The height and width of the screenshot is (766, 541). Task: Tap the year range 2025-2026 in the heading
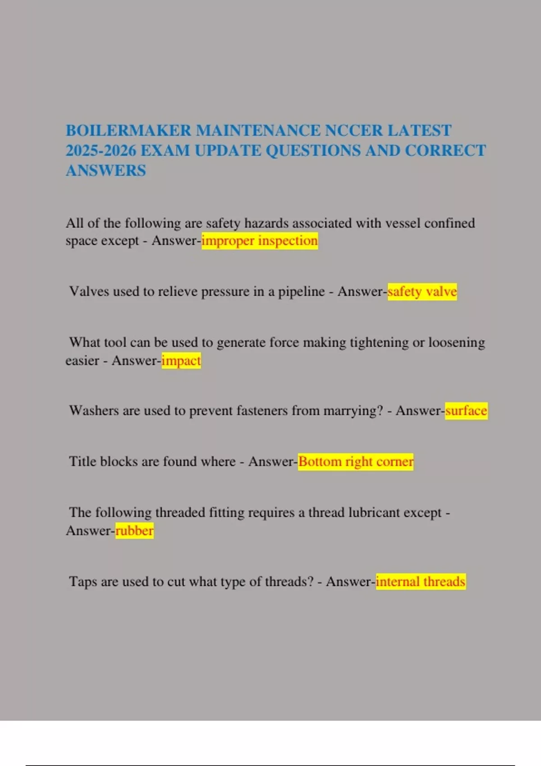101,150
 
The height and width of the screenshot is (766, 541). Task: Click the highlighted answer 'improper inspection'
260,241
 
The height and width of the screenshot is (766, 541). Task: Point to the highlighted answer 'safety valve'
422,292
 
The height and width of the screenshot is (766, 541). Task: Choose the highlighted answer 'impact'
181,360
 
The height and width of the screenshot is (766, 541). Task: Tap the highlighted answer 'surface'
466,410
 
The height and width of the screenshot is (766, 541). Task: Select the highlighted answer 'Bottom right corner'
356,461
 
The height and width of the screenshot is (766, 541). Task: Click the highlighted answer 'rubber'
134,530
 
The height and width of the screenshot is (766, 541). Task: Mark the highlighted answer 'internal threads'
420,581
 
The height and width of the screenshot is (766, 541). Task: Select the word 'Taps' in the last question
83,581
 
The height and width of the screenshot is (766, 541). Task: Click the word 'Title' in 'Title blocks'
83,461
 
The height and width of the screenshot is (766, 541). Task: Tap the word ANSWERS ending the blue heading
106,171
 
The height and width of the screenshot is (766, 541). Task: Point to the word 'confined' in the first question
449,223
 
